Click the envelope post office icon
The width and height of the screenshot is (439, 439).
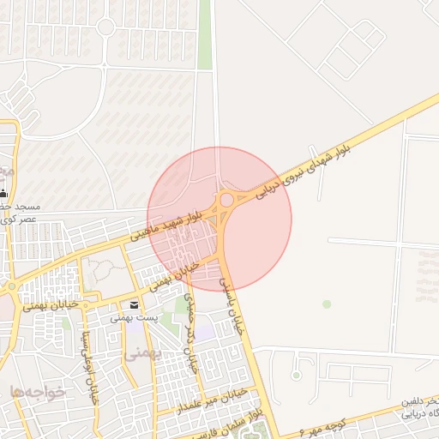point(134,305)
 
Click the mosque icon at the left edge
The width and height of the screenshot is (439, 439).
point(4,193)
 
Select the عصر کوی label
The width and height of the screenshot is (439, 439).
point(19,219)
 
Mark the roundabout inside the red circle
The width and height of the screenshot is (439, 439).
point(226,200)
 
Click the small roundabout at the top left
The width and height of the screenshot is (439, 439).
point(105,27)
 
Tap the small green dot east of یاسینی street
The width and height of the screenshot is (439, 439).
point(326,304)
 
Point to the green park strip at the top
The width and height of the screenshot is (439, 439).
point(205,34)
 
